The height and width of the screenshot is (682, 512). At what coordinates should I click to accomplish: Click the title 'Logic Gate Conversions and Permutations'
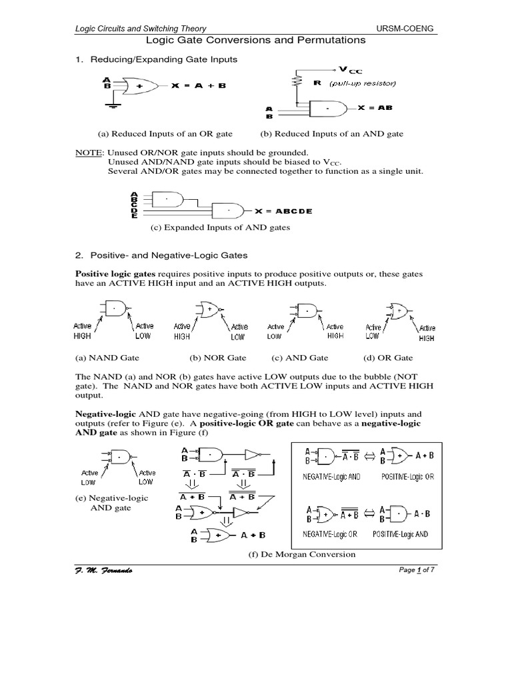pos(256,40)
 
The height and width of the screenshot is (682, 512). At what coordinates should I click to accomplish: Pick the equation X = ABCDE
pos(283,211)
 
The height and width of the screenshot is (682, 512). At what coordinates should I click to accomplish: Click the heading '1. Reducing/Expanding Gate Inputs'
pos(156,60)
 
